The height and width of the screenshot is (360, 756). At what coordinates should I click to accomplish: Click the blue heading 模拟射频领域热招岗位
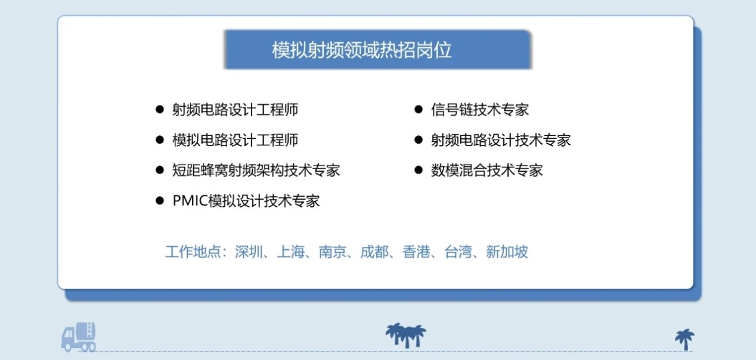pos(361,50)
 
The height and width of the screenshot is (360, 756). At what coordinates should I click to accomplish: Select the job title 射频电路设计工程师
pos(236,110)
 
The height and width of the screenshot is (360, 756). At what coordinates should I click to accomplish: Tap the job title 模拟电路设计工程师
pos(236,140)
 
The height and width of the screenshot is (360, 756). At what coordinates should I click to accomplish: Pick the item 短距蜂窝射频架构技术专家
pos(256,170)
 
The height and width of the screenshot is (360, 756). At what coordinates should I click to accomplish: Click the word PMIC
pos(190,201)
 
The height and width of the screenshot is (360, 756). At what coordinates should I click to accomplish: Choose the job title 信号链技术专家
pos(479,110)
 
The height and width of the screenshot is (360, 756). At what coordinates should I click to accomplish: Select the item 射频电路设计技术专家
pos(501,140)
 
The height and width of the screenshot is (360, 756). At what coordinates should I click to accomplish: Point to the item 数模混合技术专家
pos(487,170)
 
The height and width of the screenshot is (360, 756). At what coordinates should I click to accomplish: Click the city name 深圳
pos(249,252)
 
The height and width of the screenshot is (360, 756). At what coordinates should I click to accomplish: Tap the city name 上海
pos(290,252)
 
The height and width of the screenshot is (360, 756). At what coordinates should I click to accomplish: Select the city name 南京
pos(333,252)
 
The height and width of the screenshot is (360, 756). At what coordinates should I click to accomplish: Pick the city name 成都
pos(374,252)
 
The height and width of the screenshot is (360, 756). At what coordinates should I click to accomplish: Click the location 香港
pos(416,252)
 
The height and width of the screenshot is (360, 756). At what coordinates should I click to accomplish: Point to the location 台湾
pos(458,252)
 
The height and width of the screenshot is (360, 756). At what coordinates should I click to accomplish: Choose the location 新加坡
pos(507,252)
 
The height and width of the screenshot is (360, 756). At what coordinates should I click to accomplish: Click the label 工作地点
pos(193,252)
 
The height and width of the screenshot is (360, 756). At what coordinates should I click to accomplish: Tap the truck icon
pos(78,337)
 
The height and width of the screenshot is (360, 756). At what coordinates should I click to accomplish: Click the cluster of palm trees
pos(405,336)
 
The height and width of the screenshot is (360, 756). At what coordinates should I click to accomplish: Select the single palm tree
pos(685,340)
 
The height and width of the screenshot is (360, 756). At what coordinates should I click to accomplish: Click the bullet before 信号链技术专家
pos(419,109)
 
